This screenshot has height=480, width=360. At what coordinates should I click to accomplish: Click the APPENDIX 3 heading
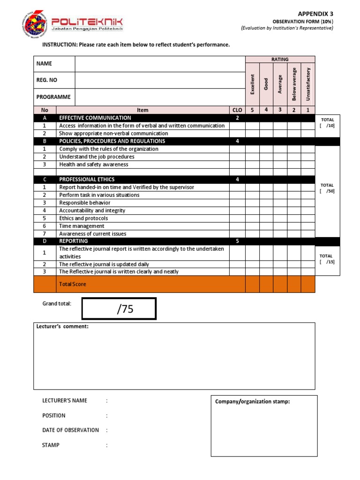pyautogui.click(x=315, y=14)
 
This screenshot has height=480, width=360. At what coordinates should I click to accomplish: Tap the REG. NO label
pyautogui.click(x=47, y=80)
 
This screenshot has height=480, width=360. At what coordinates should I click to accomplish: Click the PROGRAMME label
pyautogui.click(x=53, y=97)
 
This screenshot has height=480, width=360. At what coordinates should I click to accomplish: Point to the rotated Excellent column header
pyautogui.click(x=252, y=85)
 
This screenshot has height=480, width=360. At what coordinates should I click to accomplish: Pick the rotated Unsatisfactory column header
pyautogui.click(x=308, y=85)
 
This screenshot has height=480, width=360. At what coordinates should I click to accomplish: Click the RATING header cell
pyautogui.click(x=280, y=59)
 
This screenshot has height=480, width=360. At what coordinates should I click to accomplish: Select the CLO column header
pyautogui.click(x=237, y=110)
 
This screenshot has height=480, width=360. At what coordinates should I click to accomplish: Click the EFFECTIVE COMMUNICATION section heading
pyautogui.click(x=95, y=118)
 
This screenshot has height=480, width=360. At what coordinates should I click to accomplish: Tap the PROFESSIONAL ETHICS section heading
pyautogui.click(x=87, y=180)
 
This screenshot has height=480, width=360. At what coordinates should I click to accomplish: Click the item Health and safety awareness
pyautogui.click(x=93, y=165)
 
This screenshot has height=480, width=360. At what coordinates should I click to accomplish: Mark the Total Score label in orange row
pyautogui.click(x=72, y=284)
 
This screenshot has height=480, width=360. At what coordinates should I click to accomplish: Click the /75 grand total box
pyautogui.click(x=119, y=309)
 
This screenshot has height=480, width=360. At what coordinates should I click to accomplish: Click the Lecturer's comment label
pyautogui.click(x=62, y=327)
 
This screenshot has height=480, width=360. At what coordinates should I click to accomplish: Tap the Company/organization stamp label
pyautogui.click(x=252, y=402)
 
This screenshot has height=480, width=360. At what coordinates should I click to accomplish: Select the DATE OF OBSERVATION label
pyautogui.click(x=70, y=430)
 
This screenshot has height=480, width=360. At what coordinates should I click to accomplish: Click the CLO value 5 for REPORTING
pyautogui.click(x=237, y=241)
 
